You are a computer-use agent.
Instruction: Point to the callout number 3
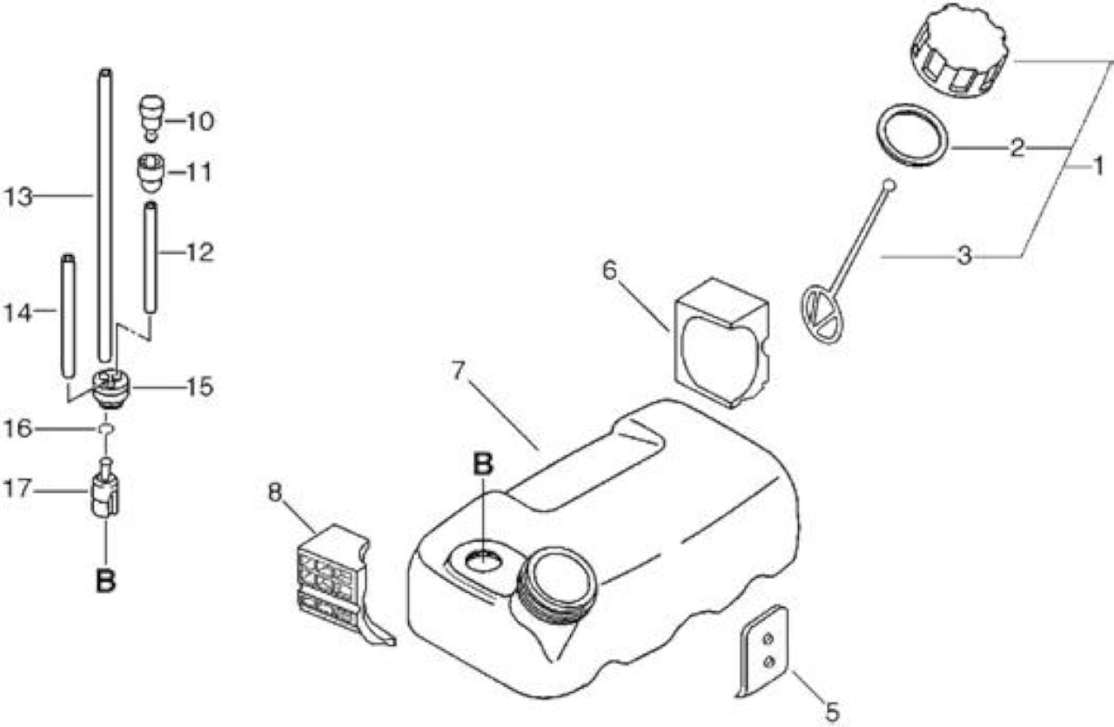(964, 256)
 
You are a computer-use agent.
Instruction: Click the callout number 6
(609, 270)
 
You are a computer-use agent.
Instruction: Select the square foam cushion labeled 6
(722, 342)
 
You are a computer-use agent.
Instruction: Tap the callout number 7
(458, 370)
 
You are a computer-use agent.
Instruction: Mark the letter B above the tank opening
(482, 464)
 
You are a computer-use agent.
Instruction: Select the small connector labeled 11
(151, 172)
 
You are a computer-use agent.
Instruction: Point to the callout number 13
(18, 197)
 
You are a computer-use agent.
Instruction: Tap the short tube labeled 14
(68, 316)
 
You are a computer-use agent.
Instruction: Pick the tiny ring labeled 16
(106, 428)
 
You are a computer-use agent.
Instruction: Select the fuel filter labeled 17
(105, 490)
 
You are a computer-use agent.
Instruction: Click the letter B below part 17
(105, 581)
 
